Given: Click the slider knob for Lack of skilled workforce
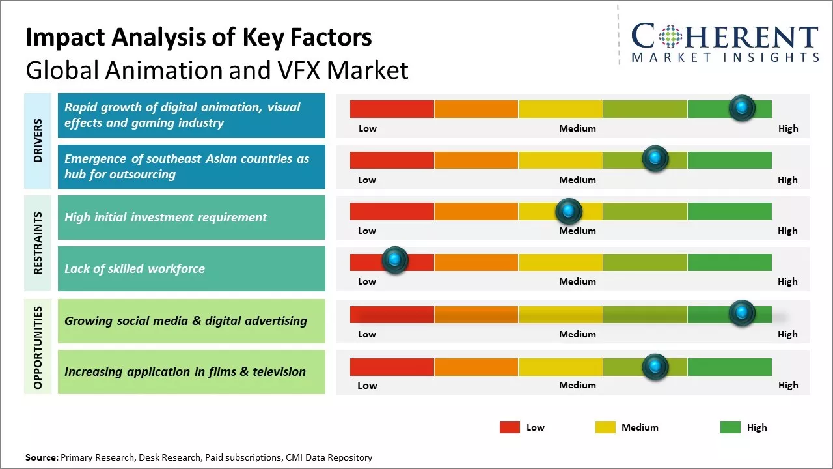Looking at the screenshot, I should coord(394,260).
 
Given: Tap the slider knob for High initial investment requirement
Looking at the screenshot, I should coord(569,211).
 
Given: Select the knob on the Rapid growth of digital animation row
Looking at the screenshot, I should coord(742,107).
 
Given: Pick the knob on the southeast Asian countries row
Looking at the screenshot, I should coord(655,158).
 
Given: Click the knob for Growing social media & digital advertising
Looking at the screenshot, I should coord(742,313).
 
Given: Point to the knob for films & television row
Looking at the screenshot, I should coord(655,367).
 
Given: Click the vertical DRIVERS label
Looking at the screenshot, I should coord(38,140).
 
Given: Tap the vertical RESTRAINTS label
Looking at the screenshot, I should coord(38,243).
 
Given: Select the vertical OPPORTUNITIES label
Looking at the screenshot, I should coord(38,347).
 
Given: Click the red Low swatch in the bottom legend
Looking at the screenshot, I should coord(510,427).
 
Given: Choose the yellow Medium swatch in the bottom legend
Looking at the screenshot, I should coord(605,427).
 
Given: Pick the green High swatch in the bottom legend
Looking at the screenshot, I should coord(730,427).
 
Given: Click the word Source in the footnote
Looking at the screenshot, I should coord(41,457).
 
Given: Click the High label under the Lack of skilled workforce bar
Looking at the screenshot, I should coord(787,281).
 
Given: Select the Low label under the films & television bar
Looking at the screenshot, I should coord(367,385).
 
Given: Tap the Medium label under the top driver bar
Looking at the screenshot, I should coord(577,128).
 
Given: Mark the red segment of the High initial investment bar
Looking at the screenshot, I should coord(392,211).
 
